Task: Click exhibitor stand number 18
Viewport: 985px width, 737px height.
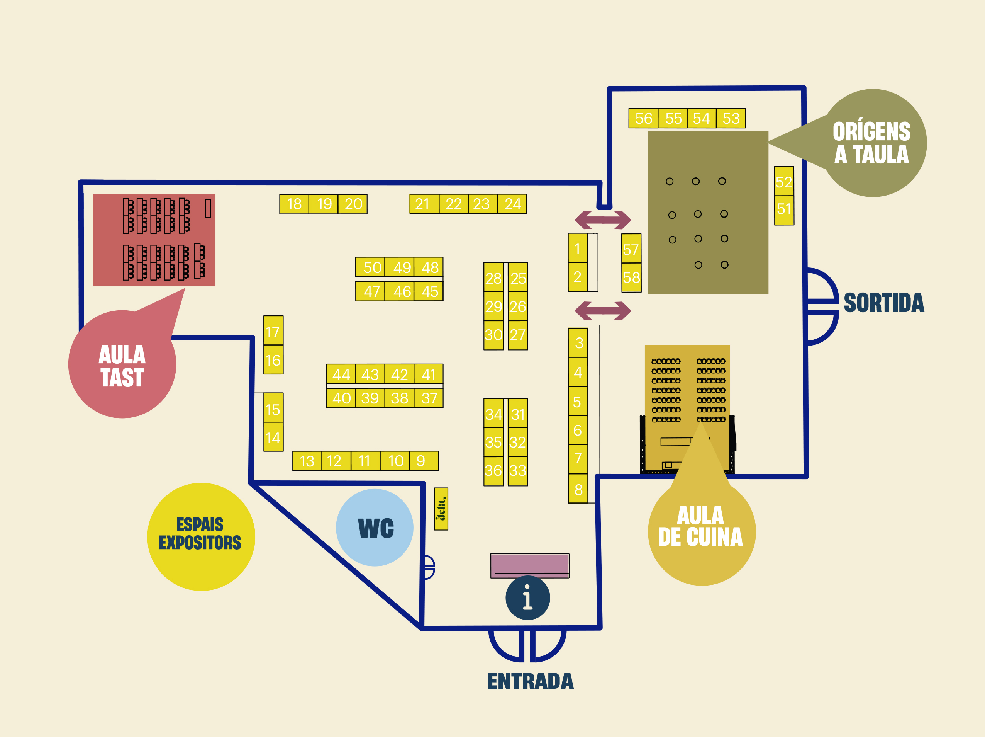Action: tap(294, 204)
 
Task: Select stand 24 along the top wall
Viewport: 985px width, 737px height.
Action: tap(512, 204)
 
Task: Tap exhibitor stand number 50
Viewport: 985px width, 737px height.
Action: tap(372, 267)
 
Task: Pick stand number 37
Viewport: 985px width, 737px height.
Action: tap(429, 398)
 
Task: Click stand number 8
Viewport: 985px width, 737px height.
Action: tap(578, 489)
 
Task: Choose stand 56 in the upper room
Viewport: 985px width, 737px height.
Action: tap(643, 119)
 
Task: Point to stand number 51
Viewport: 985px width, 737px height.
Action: tap(784, 209)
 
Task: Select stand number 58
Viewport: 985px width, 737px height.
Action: tap(631, 277)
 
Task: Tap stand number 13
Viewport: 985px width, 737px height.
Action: tap(307, 461)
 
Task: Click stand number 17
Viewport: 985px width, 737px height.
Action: tap(273, 332)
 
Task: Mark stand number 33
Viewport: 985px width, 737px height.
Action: tap(517, 471)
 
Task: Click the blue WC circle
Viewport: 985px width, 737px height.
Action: tap(375, 528)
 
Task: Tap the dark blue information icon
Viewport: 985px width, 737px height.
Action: tap(528, 597)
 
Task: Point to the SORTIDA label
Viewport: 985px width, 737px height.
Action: tap(884, 303)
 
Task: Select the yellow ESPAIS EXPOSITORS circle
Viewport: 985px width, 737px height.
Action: tap(201, 536)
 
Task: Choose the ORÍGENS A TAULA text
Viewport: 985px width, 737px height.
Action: tap(871, 143)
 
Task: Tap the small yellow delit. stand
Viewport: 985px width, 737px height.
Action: tap(441, 509)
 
